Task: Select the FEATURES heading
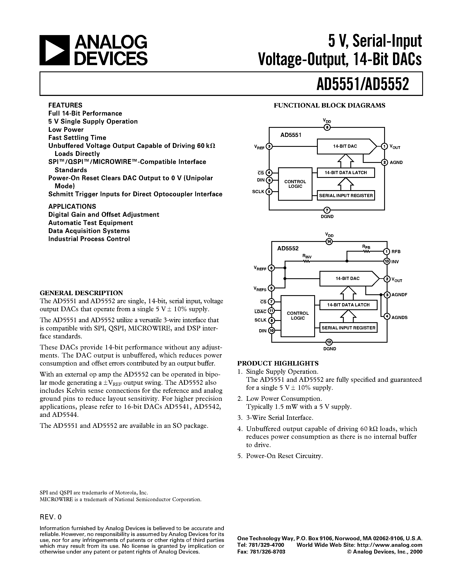[65, 105]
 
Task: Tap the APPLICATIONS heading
[72, 206]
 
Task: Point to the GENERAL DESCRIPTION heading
[81, 293]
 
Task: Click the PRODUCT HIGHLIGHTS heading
[278, 363]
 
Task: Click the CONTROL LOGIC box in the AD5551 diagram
[295, 184]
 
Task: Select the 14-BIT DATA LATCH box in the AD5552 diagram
[348, 305]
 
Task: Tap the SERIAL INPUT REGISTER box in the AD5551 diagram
[346, 195]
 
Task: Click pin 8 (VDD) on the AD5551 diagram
[327, 128]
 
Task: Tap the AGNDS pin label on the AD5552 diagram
[399, 318]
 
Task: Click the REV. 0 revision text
[50, 517]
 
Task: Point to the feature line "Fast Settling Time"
[77, 138]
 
